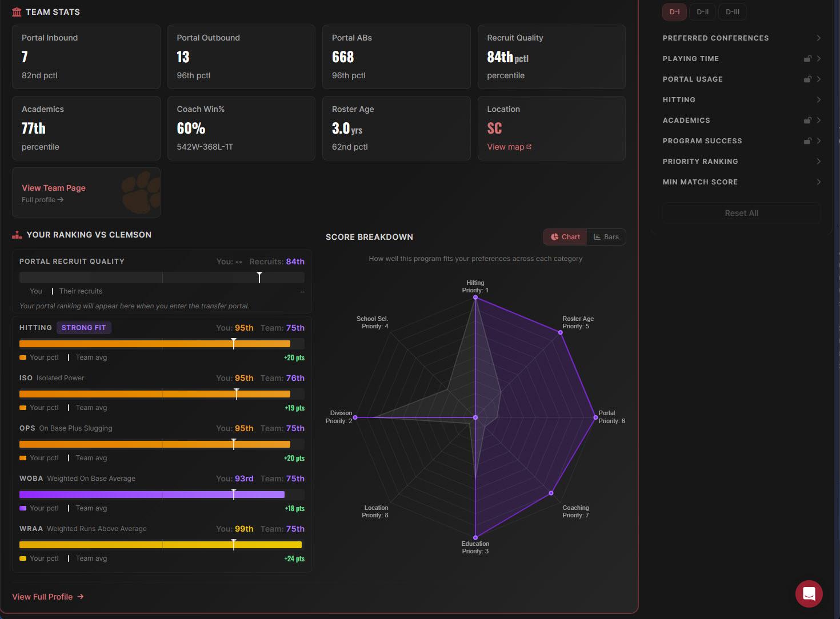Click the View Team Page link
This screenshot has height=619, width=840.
tap(54, 188)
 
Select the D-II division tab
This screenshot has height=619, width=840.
tap(702, 12)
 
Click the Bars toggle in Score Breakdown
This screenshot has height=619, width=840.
tap(606, 237)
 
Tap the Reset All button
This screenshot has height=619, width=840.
tap(741, 213)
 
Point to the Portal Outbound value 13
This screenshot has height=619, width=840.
tap(183, 57)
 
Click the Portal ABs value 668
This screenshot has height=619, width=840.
tap(343, 57)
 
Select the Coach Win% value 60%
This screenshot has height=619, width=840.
tap(191, 128)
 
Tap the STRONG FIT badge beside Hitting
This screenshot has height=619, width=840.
tap(84, 328)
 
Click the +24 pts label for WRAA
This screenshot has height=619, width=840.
tap(294, 559)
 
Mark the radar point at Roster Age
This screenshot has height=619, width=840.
tap(561, 332)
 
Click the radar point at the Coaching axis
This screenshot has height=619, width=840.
tap(551, 493)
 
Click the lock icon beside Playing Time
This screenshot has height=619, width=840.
tap(807, 59)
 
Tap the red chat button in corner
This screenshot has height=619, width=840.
tap(809, 594)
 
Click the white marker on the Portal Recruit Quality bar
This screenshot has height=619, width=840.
tap(259, 278)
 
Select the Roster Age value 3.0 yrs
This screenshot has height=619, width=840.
tap(347, 128)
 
